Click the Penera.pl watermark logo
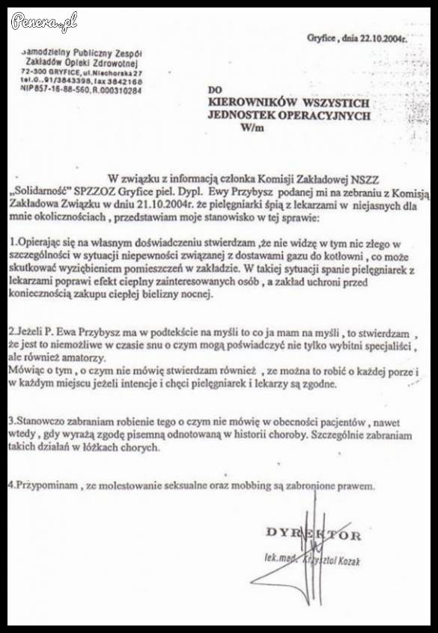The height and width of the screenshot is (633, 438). click(x=44, y=22)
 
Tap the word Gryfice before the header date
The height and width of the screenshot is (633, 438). click(x=323, y=37)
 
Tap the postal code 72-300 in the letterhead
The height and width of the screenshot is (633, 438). click(x=35, y=71)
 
